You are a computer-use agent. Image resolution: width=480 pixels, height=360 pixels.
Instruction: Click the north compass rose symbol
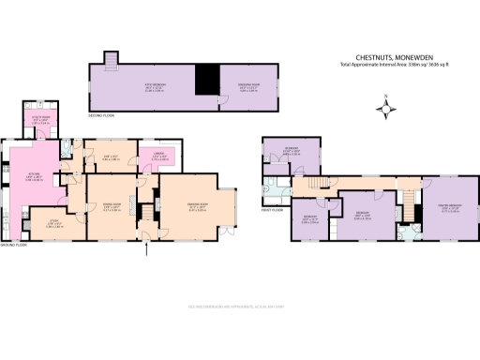(384, 112)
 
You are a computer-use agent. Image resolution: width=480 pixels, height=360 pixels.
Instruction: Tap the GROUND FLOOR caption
(14, 245)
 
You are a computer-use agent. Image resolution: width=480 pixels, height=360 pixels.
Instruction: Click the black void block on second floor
(205, 80)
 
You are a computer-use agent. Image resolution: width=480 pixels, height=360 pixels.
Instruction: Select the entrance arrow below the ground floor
(146, 251)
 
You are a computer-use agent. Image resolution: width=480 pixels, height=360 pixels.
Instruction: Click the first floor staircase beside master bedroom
(410, 198)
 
